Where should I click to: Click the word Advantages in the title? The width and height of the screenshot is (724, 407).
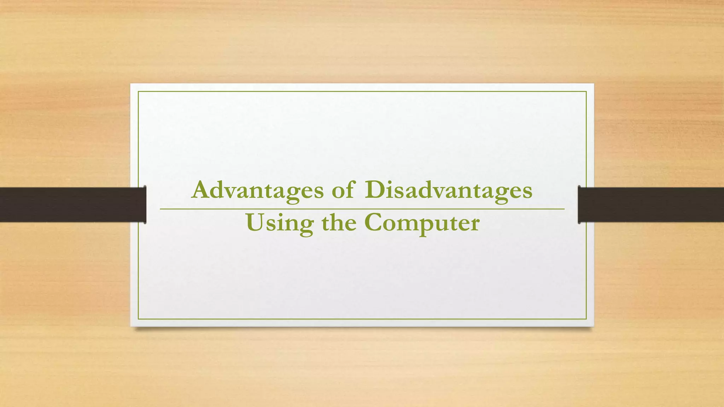pyautogui.click(x=257, y=191)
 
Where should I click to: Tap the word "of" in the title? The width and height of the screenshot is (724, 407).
pyautogui.click(x=342, y=191)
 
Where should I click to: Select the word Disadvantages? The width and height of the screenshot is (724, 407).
pyautogui.click(x=449, y=191)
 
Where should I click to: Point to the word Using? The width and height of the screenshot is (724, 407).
pyautogui.click(x=279, y=223)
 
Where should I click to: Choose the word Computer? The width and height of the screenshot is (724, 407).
pyautogui.click(x=422, y=223)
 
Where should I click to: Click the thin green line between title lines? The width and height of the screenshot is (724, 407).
pyautogui.click(x=362, y=209)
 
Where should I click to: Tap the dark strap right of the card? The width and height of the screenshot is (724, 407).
pyautogui.click(x=654, y=205)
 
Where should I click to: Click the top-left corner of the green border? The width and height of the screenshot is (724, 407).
pyautogui.click(x=138, y=92)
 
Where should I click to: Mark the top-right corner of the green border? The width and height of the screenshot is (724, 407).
pyautogui.click(x=586, y=92)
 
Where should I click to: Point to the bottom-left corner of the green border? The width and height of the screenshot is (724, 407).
pyautogui.click(x=138, y=319)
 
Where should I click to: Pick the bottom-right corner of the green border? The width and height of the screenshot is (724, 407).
pyautogui.click(x=586, y=319)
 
